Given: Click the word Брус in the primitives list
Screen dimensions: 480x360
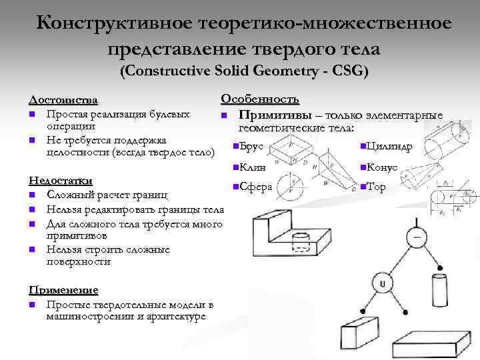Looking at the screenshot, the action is click(x=252, y=146).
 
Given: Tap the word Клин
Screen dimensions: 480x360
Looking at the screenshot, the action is click(x=252, y=167).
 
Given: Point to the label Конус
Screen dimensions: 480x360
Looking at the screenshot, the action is click(x=381, y=167).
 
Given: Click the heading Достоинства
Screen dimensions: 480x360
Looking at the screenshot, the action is click(x=63, y=100).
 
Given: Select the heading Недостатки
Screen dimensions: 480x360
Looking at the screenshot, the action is click(x=61, y=180).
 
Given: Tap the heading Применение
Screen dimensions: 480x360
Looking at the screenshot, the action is click(x=63, y=290).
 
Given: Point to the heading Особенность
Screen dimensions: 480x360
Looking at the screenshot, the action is click(x=259, y=99).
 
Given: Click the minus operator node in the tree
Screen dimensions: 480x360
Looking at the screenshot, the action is click(x=417, y=237).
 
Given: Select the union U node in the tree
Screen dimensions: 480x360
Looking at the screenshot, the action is click(x=383, y=285).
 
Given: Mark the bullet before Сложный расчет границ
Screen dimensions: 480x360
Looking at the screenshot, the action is click(x=32, y=195).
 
